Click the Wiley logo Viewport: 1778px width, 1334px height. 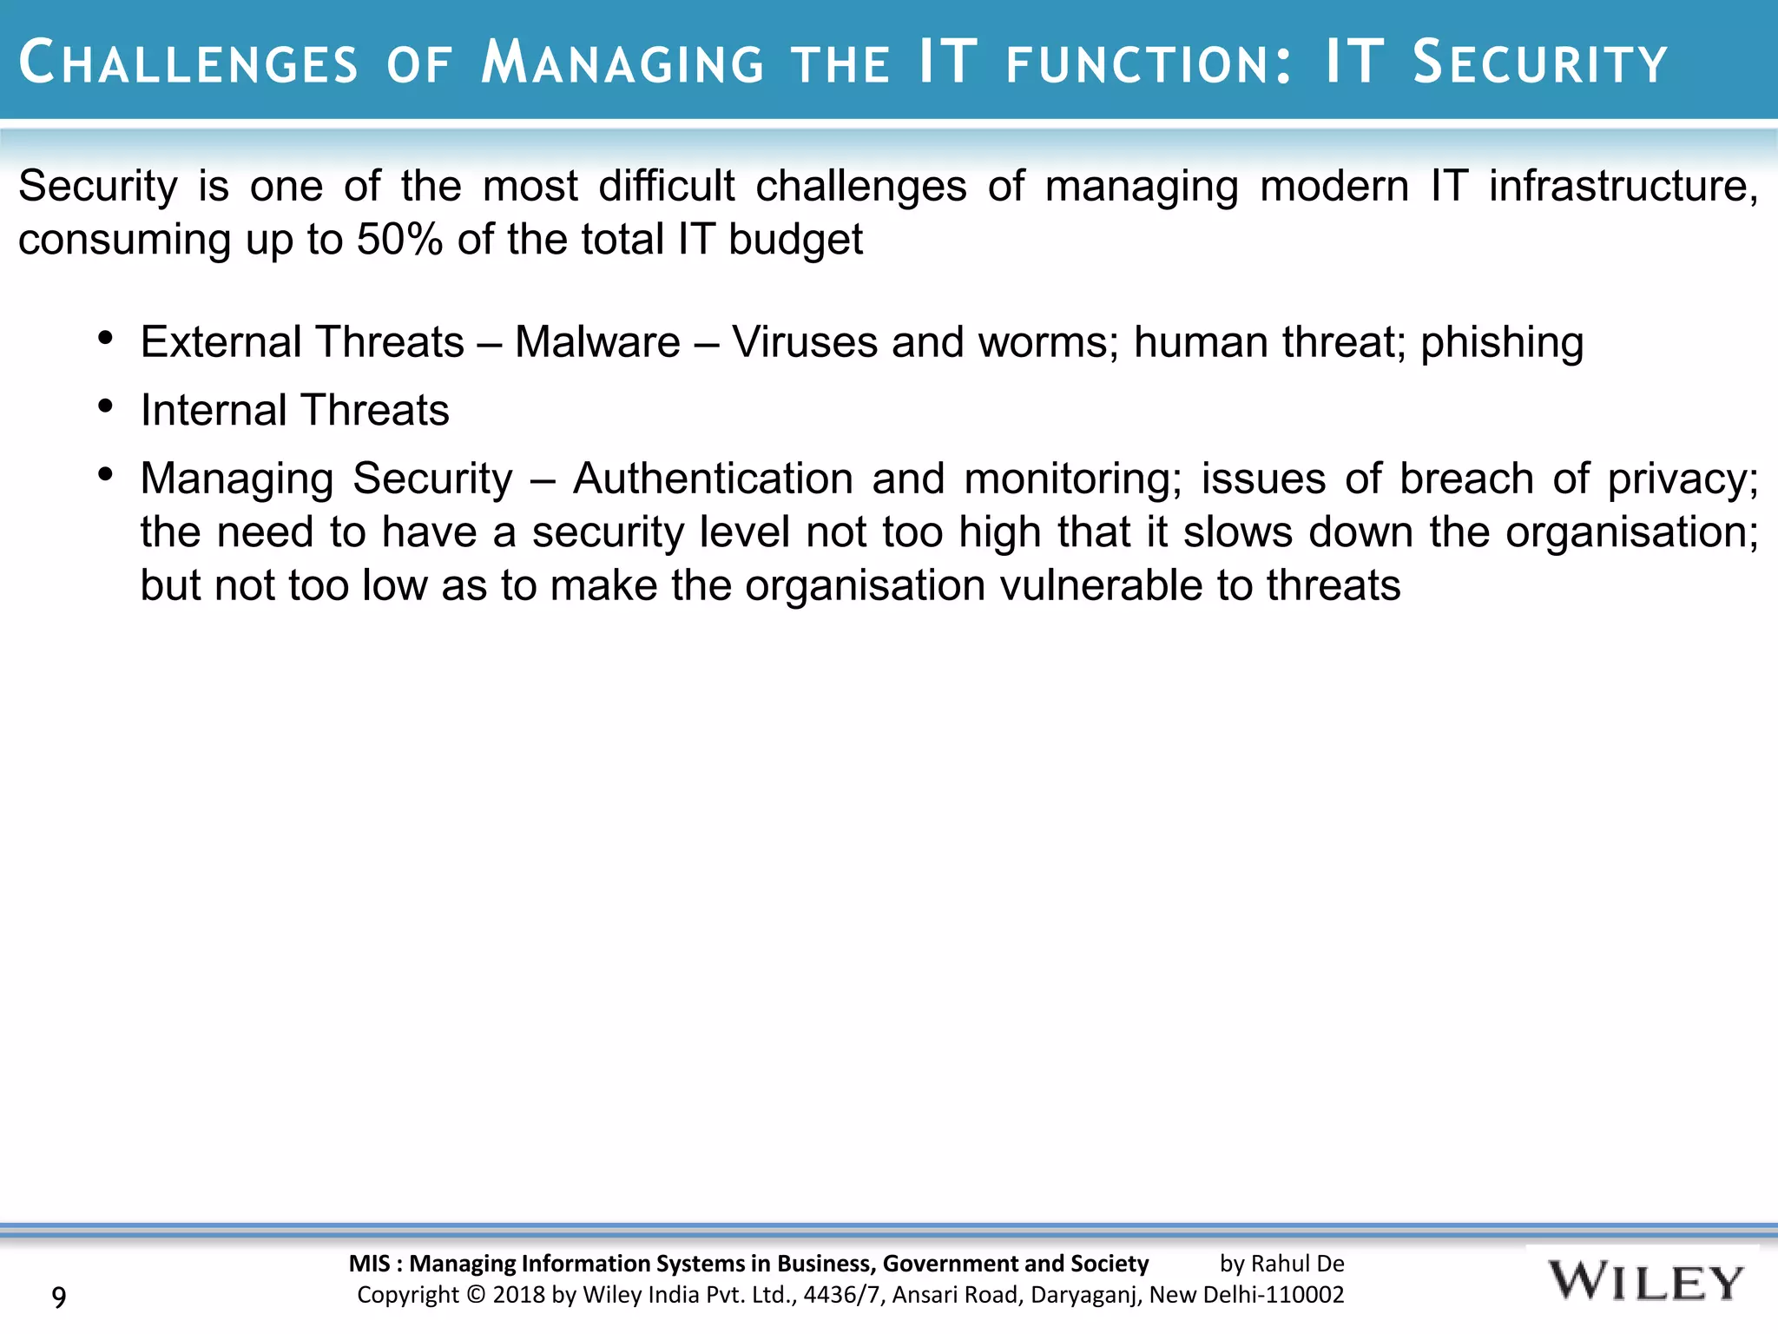[x=1644, y=1282]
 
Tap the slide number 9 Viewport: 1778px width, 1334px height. [x=59, y=1298]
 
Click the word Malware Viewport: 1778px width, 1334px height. [x=597, y=342]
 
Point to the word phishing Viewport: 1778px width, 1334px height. [x=1502, y=342]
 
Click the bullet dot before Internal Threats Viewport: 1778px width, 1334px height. [x=106, y=406]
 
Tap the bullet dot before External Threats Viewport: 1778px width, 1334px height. [x=106, y=339]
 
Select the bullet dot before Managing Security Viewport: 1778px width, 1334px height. [x=106, y=475]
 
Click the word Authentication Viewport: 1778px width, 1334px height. [x=713, y=479]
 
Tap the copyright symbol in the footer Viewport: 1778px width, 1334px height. [x=475, y=1295]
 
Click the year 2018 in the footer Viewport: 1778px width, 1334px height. [x=520, y=1295]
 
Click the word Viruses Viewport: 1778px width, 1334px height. [x=804, y=342]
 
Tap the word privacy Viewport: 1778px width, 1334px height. [x=1682, y=479]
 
